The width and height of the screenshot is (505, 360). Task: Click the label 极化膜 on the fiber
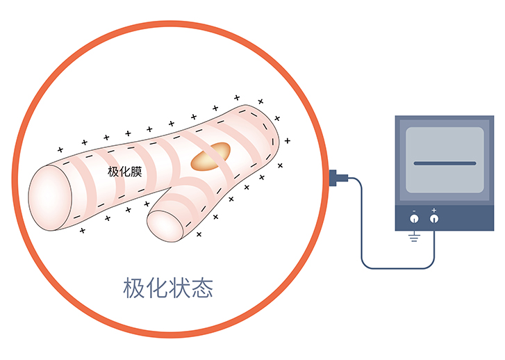(x=124, y=172)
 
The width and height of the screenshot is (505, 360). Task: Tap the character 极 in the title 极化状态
(x=133, y=288)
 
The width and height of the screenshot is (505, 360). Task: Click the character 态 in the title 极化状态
(x=202, y=288)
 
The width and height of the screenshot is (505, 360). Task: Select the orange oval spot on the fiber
(x=210, y=156)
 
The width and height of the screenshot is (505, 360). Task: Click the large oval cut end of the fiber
(x=50, y=198)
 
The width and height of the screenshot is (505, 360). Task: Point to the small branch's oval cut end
(x=165, y=226)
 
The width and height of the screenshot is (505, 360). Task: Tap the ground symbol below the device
(x=414, y=237)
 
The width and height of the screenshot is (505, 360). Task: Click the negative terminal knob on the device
(x=414, y=219)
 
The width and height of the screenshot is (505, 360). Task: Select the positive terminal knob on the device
(x=434, y=219)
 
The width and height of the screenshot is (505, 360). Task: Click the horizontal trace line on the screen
(x=445, y=163)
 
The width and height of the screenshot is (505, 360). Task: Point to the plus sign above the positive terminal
(x=434, y=210)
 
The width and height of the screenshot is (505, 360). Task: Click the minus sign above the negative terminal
(x=414, y=211)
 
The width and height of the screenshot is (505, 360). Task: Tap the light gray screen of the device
(x=445, y=160)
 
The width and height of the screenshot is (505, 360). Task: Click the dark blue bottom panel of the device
(x=445, y=218)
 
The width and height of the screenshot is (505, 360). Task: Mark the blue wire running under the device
(x=398, y=268)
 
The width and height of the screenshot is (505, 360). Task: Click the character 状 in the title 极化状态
(x=179, y=288)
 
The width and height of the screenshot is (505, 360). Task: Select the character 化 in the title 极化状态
(x=156, y=288)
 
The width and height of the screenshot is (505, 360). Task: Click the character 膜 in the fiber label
(x=136, y=172)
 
